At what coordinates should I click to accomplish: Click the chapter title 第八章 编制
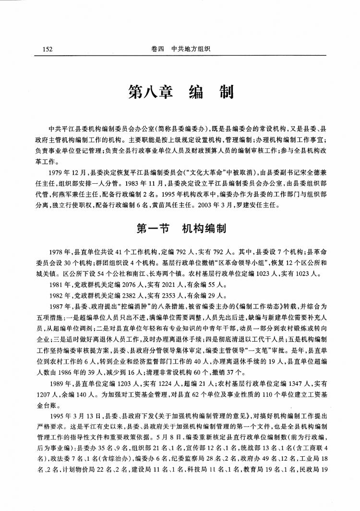point(180,92)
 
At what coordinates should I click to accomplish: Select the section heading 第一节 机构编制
point(180,229)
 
